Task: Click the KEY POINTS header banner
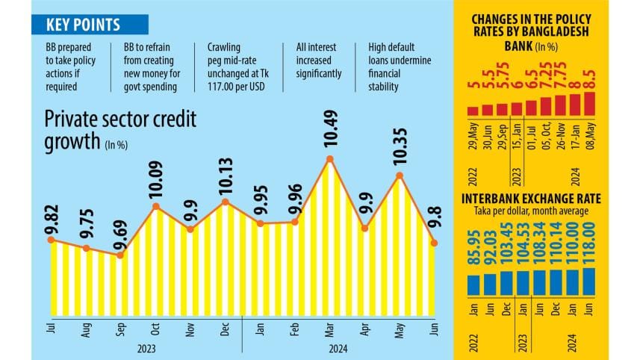click(x=82, y=25)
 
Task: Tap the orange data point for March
click(x=329, y=159)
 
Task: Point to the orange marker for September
click(x=121, y=255)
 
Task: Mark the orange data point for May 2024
click(x=400, y=176)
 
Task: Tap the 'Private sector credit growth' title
click(x=120, y=130)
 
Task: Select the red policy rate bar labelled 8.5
click(x=591, y=104)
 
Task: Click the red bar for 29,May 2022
click(x=473, y=111)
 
